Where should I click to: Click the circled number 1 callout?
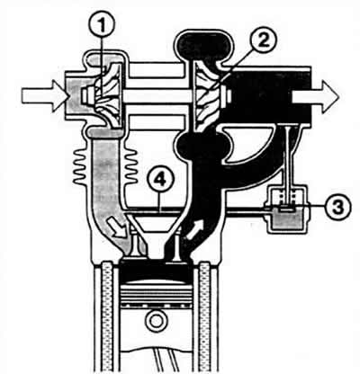[x=102, y=26]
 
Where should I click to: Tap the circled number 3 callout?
[x=338, y=207]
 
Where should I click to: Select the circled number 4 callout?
[x=160, y=180]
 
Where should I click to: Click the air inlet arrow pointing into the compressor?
[x=45, y=96]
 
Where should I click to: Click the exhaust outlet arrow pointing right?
[x=315, y=97]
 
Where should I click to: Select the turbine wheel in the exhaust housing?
[x=208, y=95]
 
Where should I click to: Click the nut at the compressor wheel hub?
[x=86, y=96]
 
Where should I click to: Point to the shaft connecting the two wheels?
[x=157, y=96]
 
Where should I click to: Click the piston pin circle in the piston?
[x=156, y=321]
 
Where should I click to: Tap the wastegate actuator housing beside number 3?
[x=285, y=209]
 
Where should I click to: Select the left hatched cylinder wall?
[x=107, y=317]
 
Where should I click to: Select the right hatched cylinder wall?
[x=204, y=317]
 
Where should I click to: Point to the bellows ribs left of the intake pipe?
[x=81, y=166]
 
